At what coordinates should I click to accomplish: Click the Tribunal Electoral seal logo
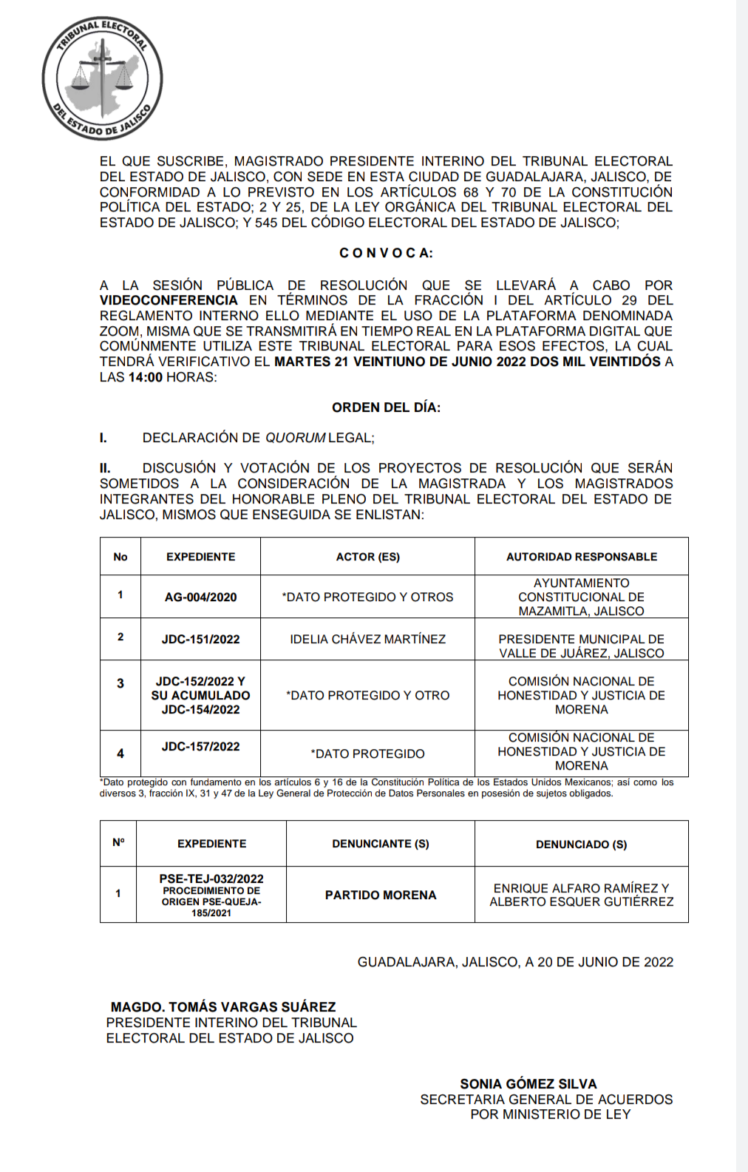[102, 79]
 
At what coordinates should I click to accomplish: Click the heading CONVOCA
[386, 253]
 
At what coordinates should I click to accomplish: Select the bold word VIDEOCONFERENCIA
[169, 300]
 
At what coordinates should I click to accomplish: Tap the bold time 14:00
[145, 377]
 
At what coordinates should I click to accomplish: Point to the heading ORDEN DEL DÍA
[386, 407]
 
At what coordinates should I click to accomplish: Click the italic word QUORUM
[295, 438]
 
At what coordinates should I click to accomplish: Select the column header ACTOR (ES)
[367, 557]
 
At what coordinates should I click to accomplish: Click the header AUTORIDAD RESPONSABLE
[581, 557]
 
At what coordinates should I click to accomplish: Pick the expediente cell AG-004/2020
[200, 597]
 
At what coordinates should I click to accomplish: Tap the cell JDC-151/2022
[200, 639]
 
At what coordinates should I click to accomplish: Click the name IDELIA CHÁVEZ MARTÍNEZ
[367, 639]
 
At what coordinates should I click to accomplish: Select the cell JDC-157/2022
[200, 747]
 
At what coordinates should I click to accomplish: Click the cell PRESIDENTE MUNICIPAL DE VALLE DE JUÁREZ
[581, 646]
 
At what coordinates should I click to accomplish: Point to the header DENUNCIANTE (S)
[380, 844]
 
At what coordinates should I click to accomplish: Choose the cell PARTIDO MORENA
[380, 895]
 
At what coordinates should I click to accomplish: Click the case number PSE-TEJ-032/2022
[211, 878]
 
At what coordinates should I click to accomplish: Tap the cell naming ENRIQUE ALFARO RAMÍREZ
[581, 895]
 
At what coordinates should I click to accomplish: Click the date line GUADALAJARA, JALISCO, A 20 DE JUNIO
[515, 962]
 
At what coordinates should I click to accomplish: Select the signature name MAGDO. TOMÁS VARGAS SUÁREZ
[223, 1007]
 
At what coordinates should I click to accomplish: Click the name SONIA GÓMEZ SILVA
[528, 1084]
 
